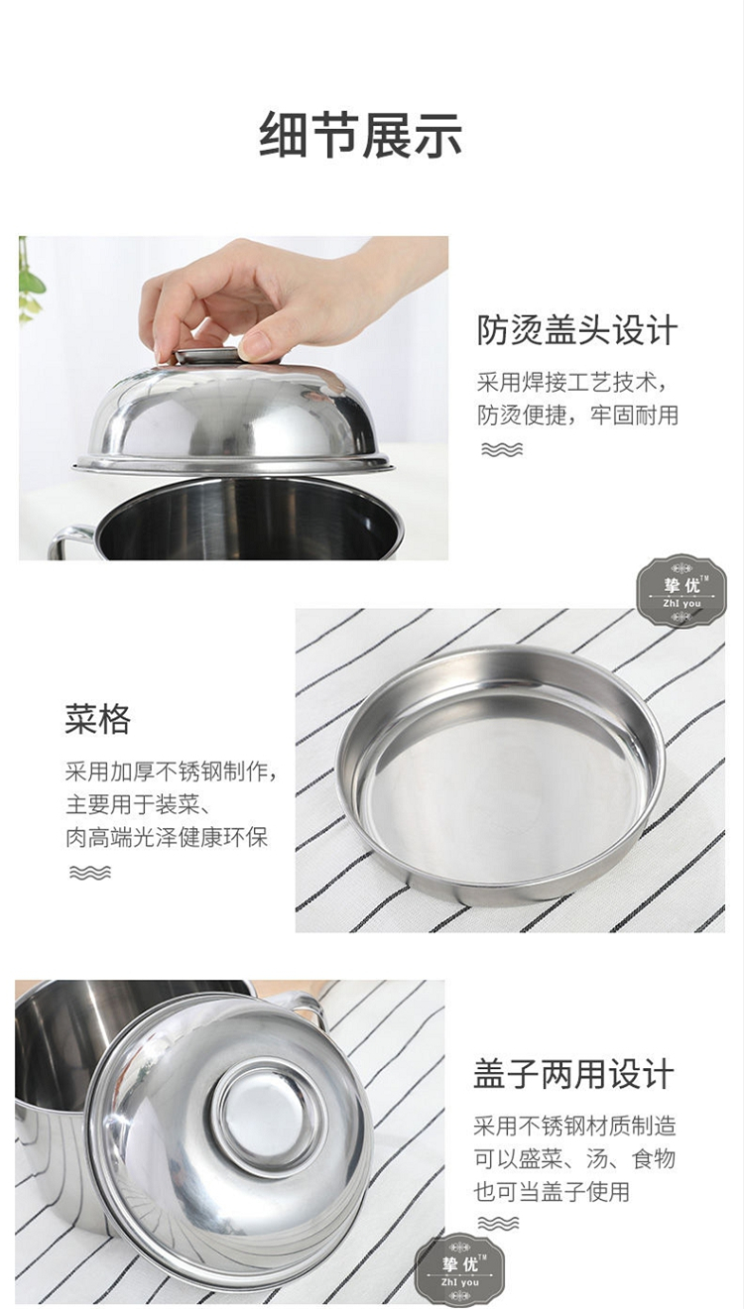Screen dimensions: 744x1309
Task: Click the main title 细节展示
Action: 361,135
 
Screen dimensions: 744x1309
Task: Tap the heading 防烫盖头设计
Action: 577,330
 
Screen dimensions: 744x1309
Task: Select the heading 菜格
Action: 97,719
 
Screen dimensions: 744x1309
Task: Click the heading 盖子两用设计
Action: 574,1074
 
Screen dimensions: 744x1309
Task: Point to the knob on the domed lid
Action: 207,355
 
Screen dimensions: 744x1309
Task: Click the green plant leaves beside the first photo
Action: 29,281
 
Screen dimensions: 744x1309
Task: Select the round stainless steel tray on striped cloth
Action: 500,776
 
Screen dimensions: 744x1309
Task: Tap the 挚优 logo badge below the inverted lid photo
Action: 459,1267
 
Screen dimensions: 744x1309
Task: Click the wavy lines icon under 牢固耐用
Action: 501,449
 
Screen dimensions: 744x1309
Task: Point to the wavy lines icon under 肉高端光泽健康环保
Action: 90,873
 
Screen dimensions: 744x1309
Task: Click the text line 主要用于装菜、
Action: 138,804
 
